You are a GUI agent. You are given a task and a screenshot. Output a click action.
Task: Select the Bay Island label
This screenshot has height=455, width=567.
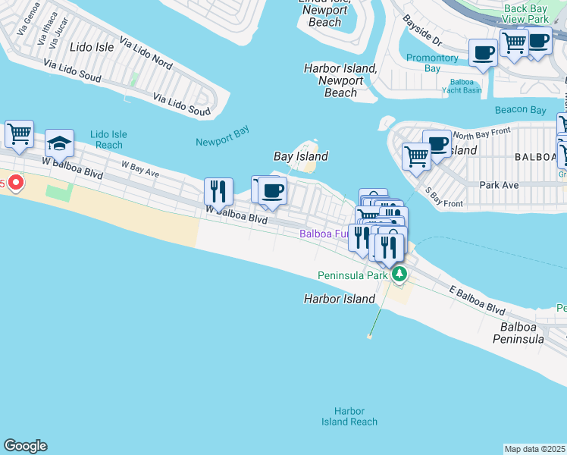[300, 156]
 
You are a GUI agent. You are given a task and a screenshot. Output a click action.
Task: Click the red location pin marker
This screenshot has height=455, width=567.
[15, 184]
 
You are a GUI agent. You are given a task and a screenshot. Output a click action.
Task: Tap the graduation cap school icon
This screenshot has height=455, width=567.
[59, 143]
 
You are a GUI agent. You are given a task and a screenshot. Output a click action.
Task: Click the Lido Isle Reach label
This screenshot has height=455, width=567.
[108, 140]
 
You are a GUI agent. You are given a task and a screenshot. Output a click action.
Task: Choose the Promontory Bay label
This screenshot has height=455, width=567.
[432, 63]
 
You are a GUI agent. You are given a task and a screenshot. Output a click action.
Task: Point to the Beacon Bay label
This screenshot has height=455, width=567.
[520, 110]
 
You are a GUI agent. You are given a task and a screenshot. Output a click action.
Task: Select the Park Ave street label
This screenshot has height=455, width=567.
[499, 184]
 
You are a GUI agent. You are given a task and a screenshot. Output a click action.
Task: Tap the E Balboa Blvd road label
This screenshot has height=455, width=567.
[476, 301]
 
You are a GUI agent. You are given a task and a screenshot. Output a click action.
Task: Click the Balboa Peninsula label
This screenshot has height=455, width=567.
[522, 333]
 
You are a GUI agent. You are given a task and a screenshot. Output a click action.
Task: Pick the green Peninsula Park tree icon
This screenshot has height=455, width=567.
[398, 275]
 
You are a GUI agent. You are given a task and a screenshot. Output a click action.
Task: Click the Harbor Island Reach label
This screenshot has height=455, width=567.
[349, 416]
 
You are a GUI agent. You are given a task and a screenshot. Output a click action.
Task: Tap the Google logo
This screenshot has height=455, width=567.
[25, 446]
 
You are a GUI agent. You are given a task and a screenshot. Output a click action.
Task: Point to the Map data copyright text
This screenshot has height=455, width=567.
[535, 449]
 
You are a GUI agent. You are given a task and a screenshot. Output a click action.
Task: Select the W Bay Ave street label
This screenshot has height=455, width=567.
[140, 168]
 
